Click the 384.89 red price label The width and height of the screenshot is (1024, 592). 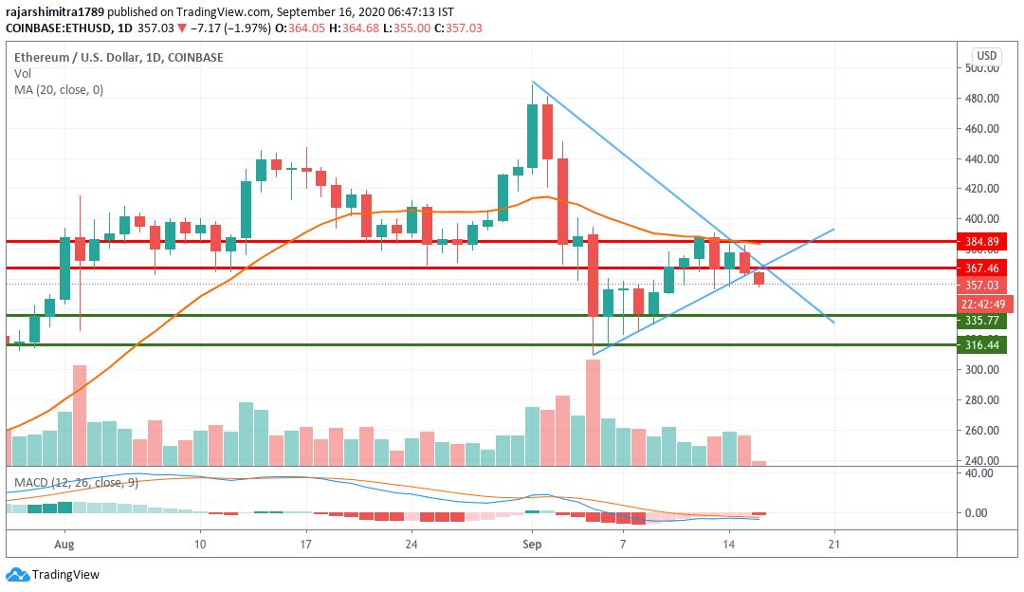pyautogui.click(x=980, y=242)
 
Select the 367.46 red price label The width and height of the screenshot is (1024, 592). pyautogui.click(x=980, y=268)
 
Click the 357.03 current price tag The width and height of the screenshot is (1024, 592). pyautogui.click(x=980, y=286)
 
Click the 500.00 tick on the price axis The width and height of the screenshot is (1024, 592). pyautogui.click(x=980, y=68)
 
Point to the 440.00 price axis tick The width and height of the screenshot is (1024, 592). pyautogui.click(x=980, y=158)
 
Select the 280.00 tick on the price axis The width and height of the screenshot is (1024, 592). pyautogui.click(x=980, y=400)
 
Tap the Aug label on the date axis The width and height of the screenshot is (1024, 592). pyautogui.click(x=64, y=546)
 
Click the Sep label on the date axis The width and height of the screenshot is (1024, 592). pyautogui.click(x=532, y=546)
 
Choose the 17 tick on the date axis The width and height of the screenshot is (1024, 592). pyautogui.click(x=306, y=546)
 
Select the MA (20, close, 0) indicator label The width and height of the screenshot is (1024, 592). pyautogui.click(x=59, y=90)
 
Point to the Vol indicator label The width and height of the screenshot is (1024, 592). pyautogui.click(x=23, y=74)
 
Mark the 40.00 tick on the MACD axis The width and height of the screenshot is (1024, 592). pyautogui.click(x=980, y=474)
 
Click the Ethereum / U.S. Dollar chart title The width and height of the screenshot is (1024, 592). pyautogui.click(x=119, y=57)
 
